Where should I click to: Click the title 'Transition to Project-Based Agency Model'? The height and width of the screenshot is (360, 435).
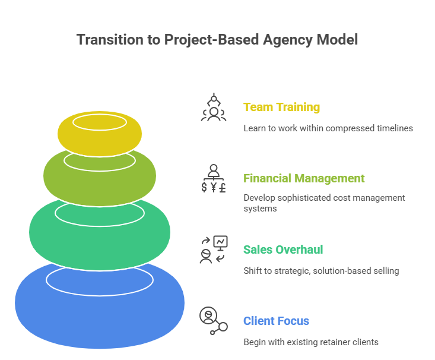(x=217, y=40)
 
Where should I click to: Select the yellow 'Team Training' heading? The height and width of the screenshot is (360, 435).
(x=281, y=108)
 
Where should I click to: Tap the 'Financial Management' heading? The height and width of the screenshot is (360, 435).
(x=304, y=178)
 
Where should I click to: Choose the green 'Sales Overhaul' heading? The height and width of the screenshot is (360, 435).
(x=283, y=250)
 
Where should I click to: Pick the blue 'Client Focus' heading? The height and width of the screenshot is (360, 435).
(x=276, y=321)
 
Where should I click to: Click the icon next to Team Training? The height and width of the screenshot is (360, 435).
(x=213, y=108)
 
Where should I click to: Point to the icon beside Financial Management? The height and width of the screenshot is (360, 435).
(x=213, y=178)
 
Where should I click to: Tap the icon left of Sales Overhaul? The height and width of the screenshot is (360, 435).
(x=213, y=250)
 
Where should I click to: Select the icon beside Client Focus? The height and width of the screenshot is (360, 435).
(x=213, y=321)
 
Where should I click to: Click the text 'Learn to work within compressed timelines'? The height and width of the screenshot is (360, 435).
(x=328, y=128)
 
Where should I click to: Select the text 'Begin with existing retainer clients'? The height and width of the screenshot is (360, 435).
(x=310, y=342)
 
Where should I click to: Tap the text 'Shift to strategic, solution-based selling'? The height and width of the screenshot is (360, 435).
(x=320, y=271)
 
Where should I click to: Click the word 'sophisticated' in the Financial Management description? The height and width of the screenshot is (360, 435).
(x=314, y=197)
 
